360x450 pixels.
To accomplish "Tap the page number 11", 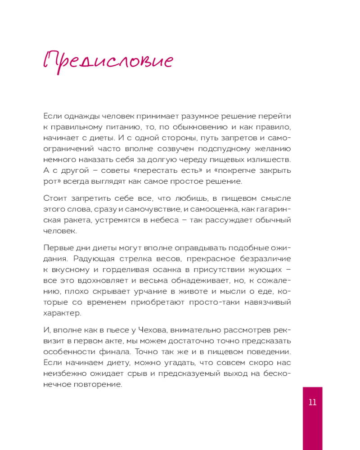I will pos(312,402).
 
